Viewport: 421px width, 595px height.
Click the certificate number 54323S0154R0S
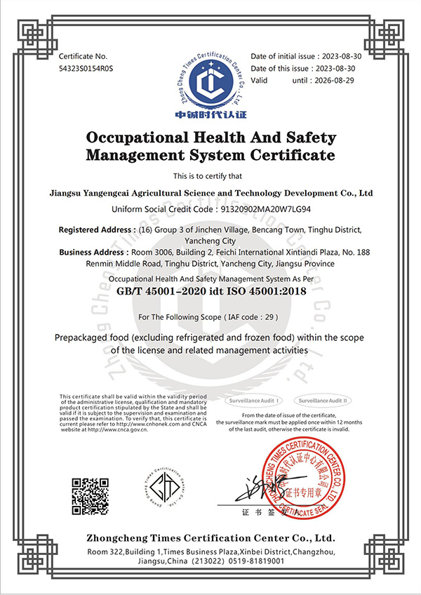point(86,69)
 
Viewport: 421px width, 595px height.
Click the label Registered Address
point(97,229)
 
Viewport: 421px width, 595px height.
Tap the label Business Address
point(95,252)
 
